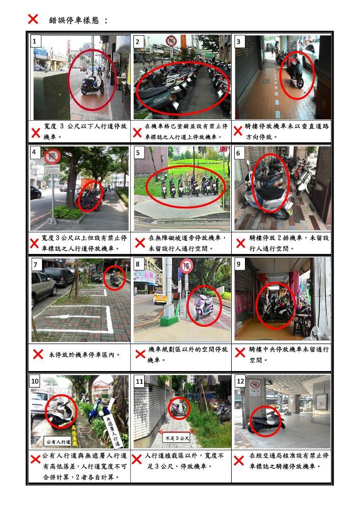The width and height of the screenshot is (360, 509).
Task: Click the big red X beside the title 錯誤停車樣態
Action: (x=33, y=19)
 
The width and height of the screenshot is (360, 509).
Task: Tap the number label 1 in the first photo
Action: (x=35, y=41)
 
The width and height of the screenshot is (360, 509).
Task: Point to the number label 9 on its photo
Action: (x=240, y=264)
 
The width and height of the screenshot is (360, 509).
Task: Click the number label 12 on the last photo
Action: (x=240, y=381)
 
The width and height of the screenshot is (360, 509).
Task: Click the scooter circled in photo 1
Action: (x=93, y=84)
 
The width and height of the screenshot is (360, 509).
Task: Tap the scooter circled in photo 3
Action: (x=296, y=74)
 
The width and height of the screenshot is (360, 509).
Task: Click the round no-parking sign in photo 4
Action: (x=52, y=156)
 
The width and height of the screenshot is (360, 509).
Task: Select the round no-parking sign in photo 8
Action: (x=187, y=266)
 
